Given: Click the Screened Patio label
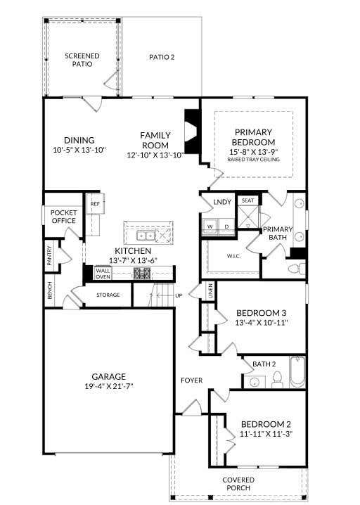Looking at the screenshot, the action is (82, 60).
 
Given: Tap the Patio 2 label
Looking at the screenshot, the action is (162, 58).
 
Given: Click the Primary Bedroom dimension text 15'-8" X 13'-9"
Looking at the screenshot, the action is (254, 152).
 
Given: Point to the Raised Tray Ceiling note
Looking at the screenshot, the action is (254, 160).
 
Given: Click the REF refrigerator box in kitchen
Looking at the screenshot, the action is (96, 203).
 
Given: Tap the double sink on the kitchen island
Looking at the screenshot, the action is (146, 236).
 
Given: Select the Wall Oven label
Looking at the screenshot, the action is (103, 274).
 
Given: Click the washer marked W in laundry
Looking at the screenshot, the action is (210, 226).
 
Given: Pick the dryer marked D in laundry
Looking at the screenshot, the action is (226, 226).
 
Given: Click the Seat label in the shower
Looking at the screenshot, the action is (247, 200).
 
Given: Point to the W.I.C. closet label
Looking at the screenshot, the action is (233, 256).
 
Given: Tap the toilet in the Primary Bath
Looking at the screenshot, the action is (297, 268).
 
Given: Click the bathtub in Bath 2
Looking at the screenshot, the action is (297, 372).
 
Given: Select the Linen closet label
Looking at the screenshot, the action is (211, 290).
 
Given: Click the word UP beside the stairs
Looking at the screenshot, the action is (179, 295).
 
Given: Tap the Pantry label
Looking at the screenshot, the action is (49, 256).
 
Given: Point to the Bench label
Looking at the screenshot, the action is (50, 290).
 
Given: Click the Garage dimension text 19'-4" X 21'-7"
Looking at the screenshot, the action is (109, 386).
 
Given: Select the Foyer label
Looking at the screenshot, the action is (191, 381).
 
